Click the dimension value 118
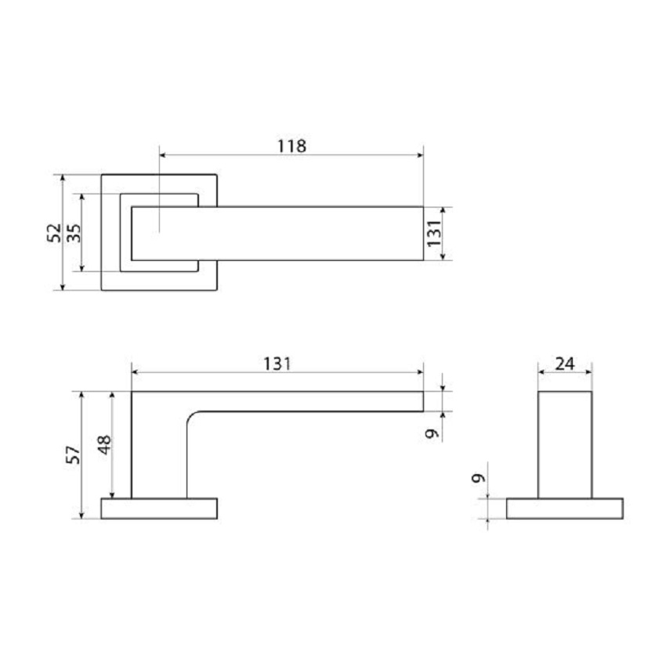pyautogui.click(x=291, y=145)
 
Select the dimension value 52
pyautogui.click(x=53, y=233)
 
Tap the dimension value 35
pyautogui.click(x=73, y=233)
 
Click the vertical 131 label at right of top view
pyautogui.click(x=434, y=233)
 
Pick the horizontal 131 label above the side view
pyautogui.click(x=277, y=363)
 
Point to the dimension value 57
pyautogui.click(x=72, y=454)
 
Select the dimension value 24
pyautogui.click(x=564, y=363)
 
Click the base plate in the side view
pyautogui.click(x=159, y=508)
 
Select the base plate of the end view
pyautogui.click(x=565, y=508)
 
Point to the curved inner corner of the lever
pyautogui.click(x=192, y=417)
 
